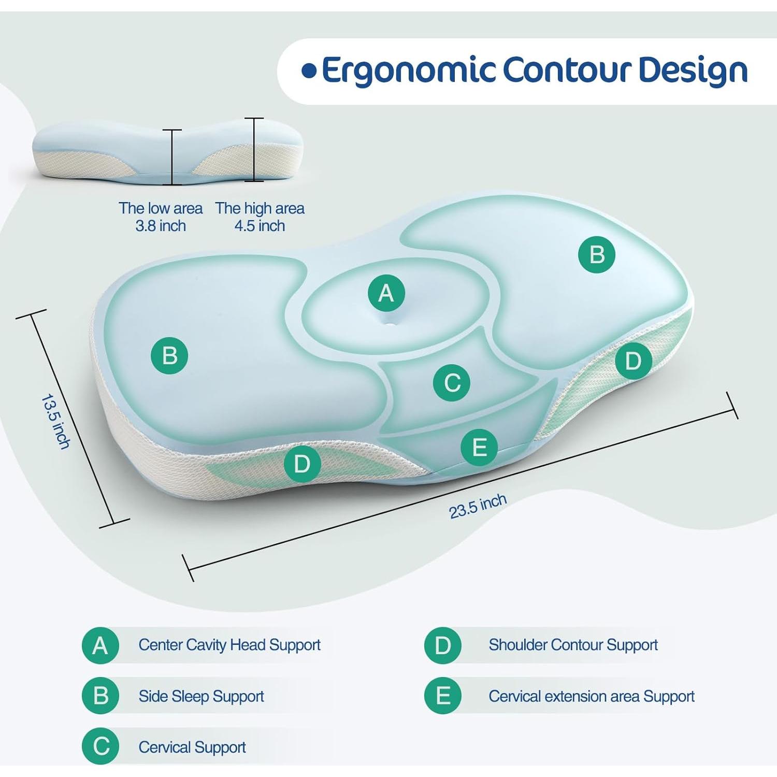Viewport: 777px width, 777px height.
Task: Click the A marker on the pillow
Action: point(386,293)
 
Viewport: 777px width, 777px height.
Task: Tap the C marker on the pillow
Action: point(452,383)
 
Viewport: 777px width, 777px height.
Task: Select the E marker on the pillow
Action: point(479,447)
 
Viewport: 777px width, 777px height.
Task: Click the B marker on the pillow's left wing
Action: point(169,355)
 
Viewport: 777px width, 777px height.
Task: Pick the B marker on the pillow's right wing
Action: point(597,254)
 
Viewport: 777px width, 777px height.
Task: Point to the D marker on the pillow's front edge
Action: point(303,464)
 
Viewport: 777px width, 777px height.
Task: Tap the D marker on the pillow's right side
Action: point(634,361)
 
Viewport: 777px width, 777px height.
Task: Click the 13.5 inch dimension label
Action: point(55,421)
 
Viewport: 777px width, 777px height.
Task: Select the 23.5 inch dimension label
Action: point(478,506)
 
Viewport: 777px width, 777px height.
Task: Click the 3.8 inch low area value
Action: point(161,226)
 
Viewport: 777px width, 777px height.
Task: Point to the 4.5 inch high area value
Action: point(260,226)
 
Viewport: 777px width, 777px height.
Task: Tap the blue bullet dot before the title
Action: point(309,71)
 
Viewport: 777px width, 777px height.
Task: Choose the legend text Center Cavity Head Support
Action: point(229,645)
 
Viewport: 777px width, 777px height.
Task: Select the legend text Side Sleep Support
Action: point(201,696)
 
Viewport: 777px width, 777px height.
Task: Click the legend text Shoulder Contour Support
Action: point(573,645)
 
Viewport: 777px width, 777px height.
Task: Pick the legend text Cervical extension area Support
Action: point(592,696)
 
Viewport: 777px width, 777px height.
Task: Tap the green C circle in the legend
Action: point(101,746)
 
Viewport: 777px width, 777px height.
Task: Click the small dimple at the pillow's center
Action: point(390,324)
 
